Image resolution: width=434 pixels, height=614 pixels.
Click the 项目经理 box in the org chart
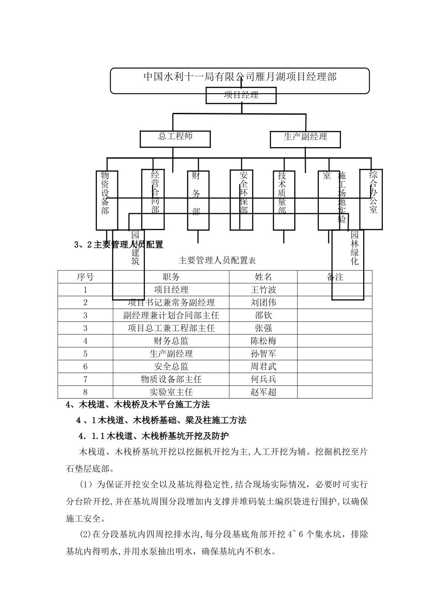(241, 95)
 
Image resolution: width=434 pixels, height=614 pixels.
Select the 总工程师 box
(175, 139)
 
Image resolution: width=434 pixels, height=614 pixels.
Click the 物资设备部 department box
(106, 200)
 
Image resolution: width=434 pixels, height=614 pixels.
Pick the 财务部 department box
(197, 200)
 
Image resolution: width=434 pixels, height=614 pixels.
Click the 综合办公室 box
(371, 199)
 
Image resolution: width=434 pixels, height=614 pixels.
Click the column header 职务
(171, 277)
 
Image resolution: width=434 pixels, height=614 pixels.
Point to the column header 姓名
(263, 277)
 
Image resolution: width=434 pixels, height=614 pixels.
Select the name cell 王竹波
(263, 290)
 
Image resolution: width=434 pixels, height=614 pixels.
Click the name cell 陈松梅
(263, 341)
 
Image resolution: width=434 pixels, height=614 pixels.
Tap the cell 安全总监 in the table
(171, 366)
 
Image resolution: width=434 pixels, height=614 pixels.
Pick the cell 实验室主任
(171, 392)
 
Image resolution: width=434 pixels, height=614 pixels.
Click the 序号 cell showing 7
(85, 379)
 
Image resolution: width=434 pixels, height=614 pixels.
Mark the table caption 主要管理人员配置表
(217, 261)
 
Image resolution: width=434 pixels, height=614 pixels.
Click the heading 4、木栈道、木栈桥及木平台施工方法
(138, 405)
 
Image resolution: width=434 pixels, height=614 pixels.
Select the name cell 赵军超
(263, 392)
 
